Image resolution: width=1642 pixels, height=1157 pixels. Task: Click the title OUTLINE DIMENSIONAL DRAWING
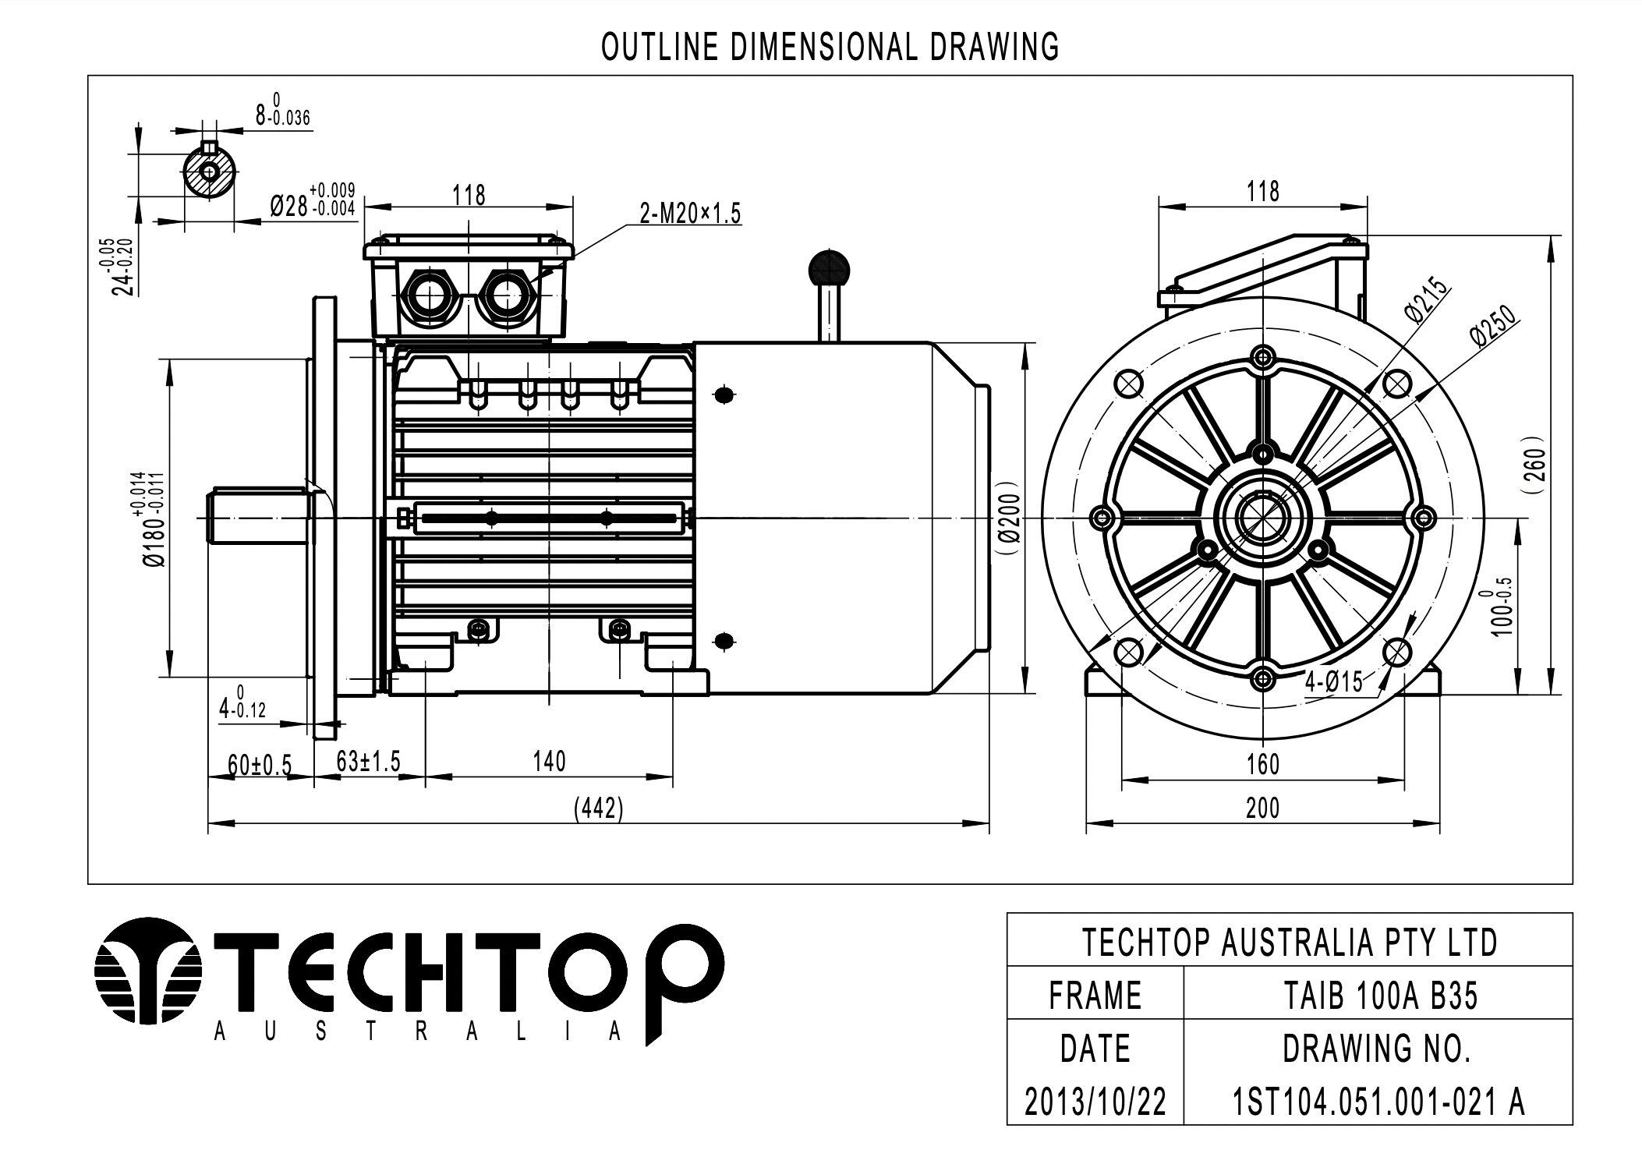point(830,48)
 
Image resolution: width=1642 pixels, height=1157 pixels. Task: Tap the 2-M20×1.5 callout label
point(689,213)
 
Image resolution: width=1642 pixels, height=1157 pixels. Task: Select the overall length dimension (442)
point(599,808)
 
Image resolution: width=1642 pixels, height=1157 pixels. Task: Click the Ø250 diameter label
point(1492,326)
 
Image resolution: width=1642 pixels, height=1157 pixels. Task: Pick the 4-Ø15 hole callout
point(1334,682)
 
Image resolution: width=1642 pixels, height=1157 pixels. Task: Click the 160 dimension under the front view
point(1262,764)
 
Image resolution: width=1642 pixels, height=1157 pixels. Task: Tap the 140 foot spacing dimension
point(549,761)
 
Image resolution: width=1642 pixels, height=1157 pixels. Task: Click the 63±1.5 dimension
point(368,761)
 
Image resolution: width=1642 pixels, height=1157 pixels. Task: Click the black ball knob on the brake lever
point(830,268)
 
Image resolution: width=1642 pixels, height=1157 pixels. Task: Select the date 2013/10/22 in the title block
point(1095,1102)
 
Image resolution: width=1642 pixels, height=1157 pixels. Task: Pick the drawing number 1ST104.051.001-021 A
point(1378,1102)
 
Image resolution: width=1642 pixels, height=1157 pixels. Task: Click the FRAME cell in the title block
point(1095,996)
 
